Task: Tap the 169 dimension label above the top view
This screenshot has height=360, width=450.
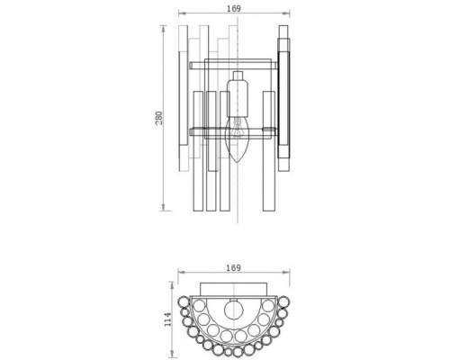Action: [x=235, y=266]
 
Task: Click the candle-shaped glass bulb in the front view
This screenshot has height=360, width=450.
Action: [x=238, y=140]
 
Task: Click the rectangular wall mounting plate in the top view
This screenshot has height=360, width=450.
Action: [x=235, y=287]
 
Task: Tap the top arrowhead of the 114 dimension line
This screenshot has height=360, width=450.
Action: [x=171, y=283]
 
